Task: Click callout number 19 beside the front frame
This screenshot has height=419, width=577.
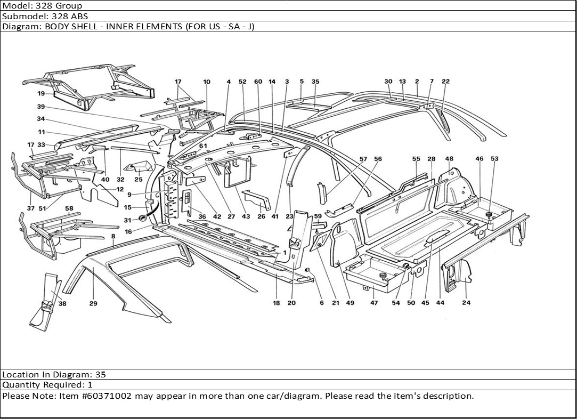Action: (x=40, y=94)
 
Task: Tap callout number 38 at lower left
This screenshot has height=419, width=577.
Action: (x=63, y=303)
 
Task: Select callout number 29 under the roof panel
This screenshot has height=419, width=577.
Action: (x=93, y=303)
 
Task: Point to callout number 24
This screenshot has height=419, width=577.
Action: (x=466, y=303)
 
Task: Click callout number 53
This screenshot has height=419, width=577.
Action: (x=494, y=159)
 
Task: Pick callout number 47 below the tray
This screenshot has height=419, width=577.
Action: (x=374, y=303)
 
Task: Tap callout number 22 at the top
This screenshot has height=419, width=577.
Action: (x=445, y=82)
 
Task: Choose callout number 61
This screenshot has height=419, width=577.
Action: (x=202, y=146)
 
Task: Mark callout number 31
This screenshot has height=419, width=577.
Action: (x=127, y=220)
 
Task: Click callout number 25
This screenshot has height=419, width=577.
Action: (x=139, y=180)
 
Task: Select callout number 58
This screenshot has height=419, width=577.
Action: (x=69, y=208)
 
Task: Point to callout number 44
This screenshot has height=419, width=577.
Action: (x=440, y=303)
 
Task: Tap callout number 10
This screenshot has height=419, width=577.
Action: (x=206, y=82)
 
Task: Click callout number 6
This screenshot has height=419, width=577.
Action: (x=321, y=303)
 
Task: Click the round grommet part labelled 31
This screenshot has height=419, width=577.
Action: (x=143, y=219)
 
